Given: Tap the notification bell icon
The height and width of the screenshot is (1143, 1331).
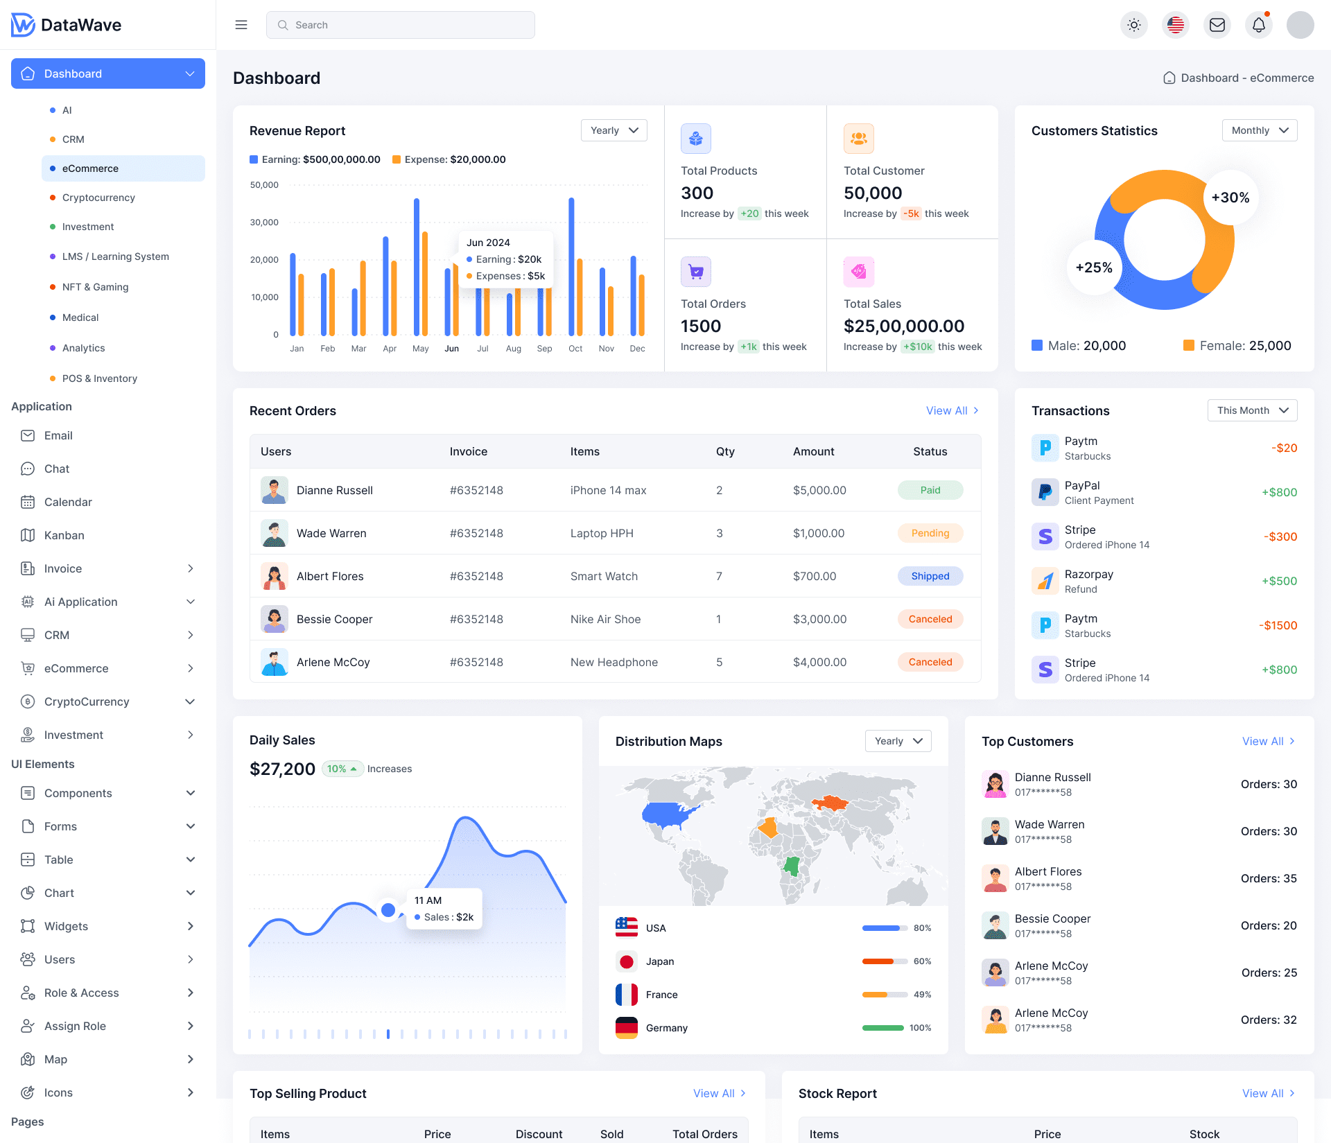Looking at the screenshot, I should tap(1259, 25).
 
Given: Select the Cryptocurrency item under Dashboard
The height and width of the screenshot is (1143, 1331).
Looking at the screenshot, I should tap(98, 198).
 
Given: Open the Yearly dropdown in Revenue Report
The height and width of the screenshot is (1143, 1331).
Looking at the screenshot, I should tap(614, 130).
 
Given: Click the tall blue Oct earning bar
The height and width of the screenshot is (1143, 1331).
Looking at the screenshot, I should tap(571, 267).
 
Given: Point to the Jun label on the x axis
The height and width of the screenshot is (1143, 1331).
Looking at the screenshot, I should tap(451, 349).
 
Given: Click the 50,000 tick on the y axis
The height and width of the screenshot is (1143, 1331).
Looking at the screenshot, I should tap(264, 185).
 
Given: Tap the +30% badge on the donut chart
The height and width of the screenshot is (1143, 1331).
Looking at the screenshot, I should tap(1230, 198).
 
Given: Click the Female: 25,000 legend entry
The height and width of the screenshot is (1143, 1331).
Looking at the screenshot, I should tap(1237, 345).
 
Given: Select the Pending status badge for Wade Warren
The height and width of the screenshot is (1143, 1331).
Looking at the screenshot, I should tap(930, 533).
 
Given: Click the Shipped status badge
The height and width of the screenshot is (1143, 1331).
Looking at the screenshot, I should tap(930, 576).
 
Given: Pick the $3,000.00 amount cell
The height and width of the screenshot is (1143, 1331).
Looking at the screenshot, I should tap(819, 619).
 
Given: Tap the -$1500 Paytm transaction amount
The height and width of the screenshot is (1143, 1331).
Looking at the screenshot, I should tap(1278, 625).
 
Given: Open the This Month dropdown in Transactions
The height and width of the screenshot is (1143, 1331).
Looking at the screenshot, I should tap(1252, 410).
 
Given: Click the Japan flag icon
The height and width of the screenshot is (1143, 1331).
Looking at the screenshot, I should tap(627, 961).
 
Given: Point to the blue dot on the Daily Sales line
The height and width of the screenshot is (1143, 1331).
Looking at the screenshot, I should tap(388, 909).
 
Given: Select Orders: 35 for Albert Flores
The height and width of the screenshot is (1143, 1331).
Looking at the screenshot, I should tap(1269, 878).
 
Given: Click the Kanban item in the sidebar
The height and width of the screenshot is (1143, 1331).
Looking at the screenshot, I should tap(64, 535).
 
